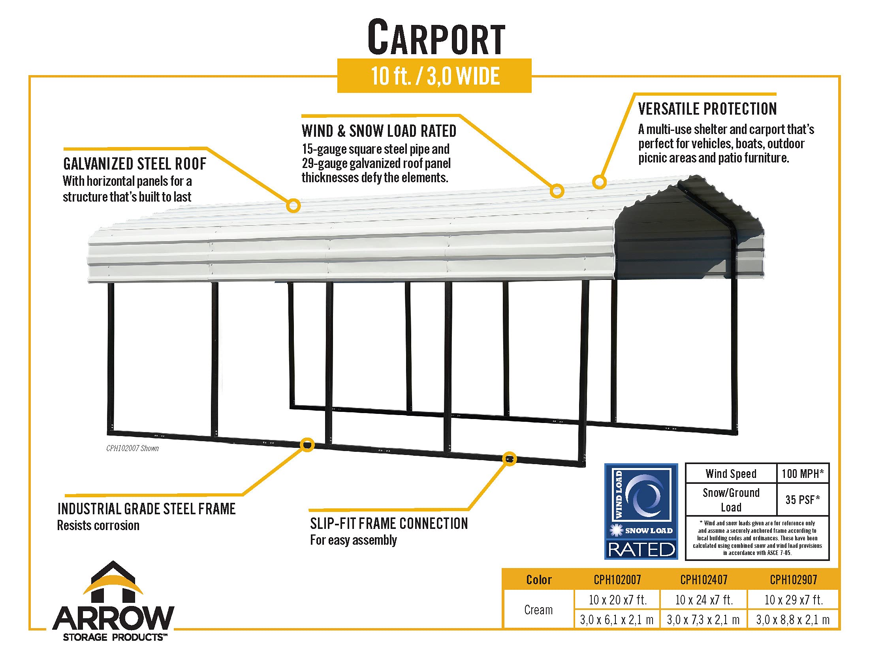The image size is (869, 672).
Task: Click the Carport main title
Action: tap(436, 38)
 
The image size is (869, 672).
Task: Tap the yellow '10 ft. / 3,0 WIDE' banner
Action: tap(434, 76)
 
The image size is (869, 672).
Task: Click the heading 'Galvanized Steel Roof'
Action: tap(134, 164)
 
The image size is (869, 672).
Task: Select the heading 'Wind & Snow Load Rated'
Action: tap(379, 131)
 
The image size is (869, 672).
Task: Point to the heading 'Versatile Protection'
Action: tap(707, 109)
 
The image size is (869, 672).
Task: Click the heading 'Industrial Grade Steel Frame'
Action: tap(147, 509)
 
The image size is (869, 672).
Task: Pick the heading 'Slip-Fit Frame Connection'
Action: tap(389, 523)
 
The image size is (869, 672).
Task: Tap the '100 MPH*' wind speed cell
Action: tap(803, 473)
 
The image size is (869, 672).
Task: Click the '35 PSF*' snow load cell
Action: tap(803, 500)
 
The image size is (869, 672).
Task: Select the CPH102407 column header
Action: tap(703, 580)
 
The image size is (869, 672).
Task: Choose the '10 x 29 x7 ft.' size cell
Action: tap(794, 600)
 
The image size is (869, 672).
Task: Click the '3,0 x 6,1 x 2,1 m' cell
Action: tap(617, 620)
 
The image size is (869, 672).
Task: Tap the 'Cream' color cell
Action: tap(538, 610)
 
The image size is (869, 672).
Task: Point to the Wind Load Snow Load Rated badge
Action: tap(641, 511)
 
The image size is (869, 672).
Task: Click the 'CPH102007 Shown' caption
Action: tap(132, 448)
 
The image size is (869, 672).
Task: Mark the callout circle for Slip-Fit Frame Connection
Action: tap(509, 459)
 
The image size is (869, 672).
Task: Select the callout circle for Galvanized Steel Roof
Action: tap(293, 206)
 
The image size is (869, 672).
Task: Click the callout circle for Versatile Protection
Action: tap(599, 182)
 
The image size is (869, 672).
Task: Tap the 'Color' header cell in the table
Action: tap(538, 580)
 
